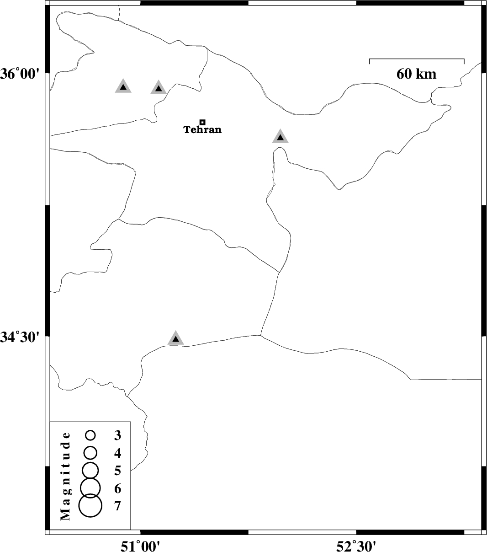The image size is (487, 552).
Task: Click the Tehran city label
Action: coord(202,130)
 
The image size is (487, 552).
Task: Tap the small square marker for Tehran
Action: coord(202,122)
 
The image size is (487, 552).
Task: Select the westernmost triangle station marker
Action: coord(123,86)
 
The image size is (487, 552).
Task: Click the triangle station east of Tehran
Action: coord(281,136)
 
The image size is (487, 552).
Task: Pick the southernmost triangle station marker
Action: coord(176,338)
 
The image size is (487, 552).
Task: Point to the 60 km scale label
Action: coord(416,74)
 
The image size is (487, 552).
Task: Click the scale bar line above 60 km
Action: coord(417,59)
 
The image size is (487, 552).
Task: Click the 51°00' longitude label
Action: coord(140,544)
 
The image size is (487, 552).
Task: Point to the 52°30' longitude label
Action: coord(356,544)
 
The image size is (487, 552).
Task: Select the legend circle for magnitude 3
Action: coord(90,435)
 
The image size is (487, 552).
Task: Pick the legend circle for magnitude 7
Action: coord(90,505)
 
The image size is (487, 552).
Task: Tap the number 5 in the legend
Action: coord(117,471)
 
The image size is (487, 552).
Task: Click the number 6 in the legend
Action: coord(117,488)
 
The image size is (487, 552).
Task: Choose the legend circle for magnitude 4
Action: coord(90,453)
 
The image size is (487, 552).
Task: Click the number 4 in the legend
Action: coord(117,453)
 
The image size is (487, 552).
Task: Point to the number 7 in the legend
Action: coord(117,506)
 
